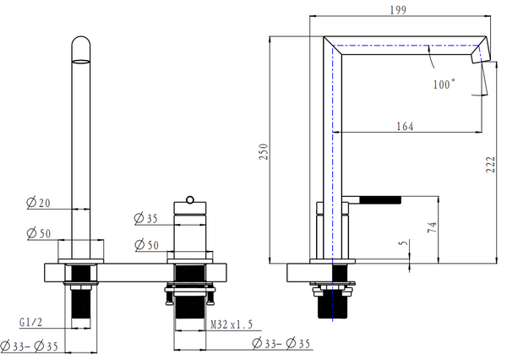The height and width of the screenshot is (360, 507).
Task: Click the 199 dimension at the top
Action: pyautogui.click(x=398, y=10)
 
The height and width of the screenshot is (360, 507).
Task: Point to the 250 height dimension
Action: pyautogui.click(x=264, y=150)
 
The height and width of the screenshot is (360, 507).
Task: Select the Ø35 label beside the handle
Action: pyautogui.click(x=147, y=219)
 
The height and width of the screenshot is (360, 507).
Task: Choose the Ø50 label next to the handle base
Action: pyautogui.click(x=147, y=245)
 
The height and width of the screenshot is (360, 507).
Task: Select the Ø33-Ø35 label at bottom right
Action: pyautogui.click(x=279, y=344)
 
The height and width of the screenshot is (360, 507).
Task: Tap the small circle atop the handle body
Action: pyautogui.click(x=190, y=199)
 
